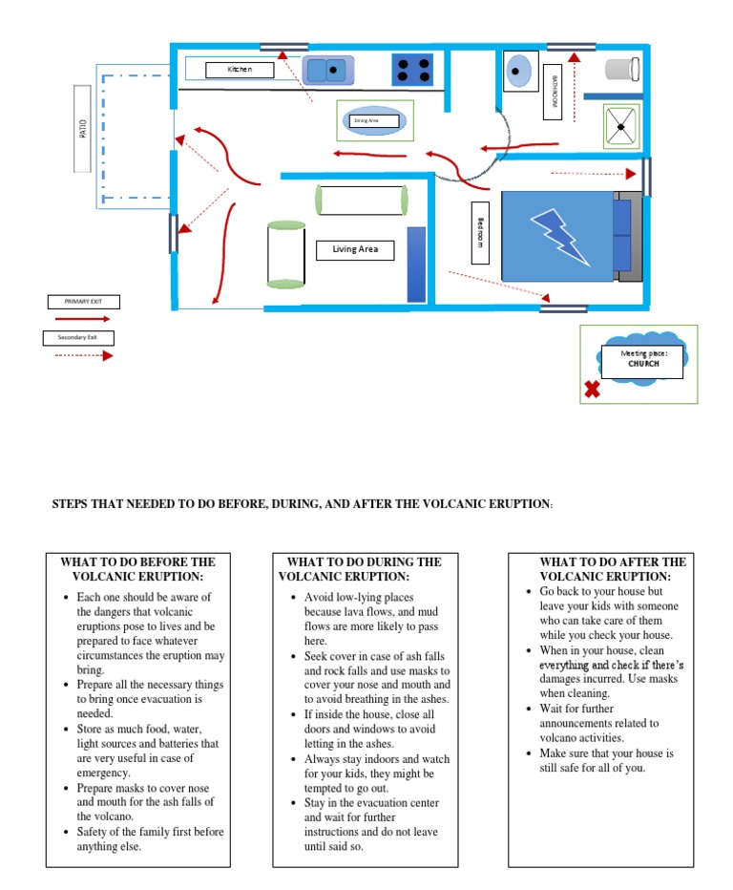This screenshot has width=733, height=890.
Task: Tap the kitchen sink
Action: (328, 70)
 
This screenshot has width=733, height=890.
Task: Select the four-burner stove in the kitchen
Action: (412, 70)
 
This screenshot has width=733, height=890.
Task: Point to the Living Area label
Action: (355, 250)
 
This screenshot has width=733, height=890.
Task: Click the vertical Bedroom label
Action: (480, 233)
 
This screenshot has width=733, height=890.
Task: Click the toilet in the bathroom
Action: (621, 69)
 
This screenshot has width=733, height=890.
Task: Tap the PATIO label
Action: (83, 128)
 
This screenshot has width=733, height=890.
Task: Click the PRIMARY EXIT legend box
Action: (83, 302)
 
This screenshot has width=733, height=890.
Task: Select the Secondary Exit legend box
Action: (77, 337)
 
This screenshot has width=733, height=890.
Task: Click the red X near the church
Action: (592, 390)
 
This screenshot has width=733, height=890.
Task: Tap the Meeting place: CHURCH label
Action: (641, 358)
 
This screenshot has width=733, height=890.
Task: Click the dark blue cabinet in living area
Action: (416, 265)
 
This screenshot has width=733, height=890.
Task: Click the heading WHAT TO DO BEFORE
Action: (138, 569)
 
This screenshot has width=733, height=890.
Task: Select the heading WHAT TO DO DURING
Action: (364, 569)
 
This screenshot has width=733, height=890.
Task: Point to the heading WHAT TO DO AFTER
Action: (612, 569)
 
